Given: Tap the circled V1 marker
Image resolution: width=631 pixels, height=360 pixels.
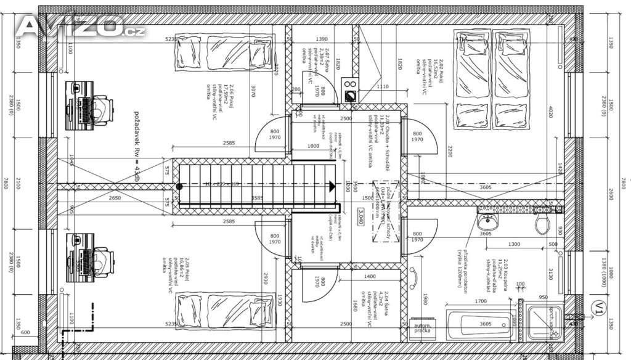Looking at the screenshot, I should [596, 306].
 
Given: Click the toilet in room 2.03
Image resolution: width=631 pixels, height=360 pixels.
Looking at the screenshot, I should [542, 223].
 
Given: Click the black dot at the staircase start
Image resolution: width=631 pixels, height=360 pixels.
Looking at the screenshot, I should [179, 186].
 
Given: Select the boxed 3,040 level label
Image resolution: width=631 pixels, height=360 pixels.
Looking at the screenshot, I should [360, 216].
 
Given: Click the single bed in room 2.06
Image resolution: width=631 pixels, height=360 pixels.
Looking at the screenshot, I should [224, 52].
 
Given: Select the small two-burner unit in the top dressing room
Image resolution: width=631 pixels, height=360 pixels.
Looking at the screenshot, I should [349, 89].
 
